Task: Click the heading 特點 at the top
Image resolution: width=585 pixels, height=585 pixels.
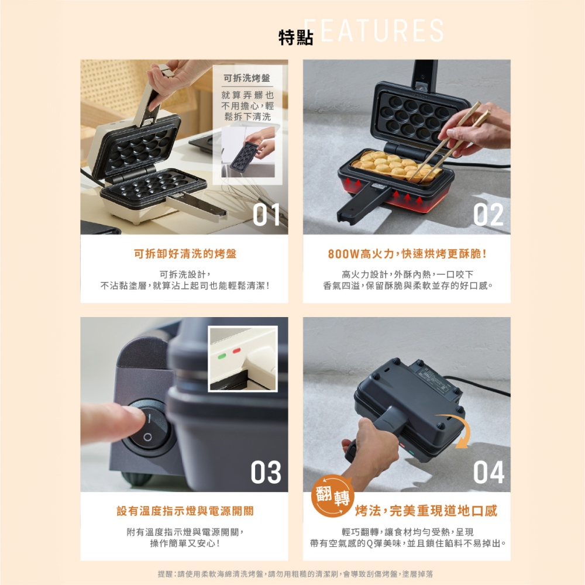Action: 296,37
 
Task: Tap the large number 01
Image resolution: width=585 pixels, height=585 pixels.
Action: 266,215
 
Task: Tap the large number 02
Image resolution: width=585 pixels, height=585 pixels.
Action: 488,215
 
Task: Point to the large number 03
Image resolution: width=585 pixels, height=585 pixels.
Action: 266,472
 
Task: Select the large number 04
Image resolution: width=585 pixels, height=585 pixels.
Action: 488,472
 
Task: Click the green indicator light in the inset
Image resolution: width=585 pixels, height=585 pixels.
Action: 222,356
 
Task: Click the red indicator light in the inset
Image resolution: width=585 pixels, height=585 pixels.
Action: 236,350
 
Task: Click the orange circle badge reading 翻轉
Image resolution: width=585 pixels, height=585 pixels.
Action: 333,496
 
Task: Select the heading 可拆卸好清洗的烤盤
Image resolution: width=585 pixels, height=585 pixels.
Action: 185,254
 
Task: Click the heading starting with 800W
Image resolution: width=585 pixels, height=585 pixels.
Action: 407,254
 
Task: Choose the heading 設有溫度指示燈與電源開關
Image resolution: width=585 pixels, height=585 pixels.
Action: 185,511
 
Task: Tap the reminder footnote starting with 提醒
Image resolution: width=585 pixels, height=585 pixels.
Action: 295,573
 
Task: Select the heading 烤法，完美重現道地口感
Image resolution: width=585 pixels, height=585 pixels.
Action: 426,511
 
